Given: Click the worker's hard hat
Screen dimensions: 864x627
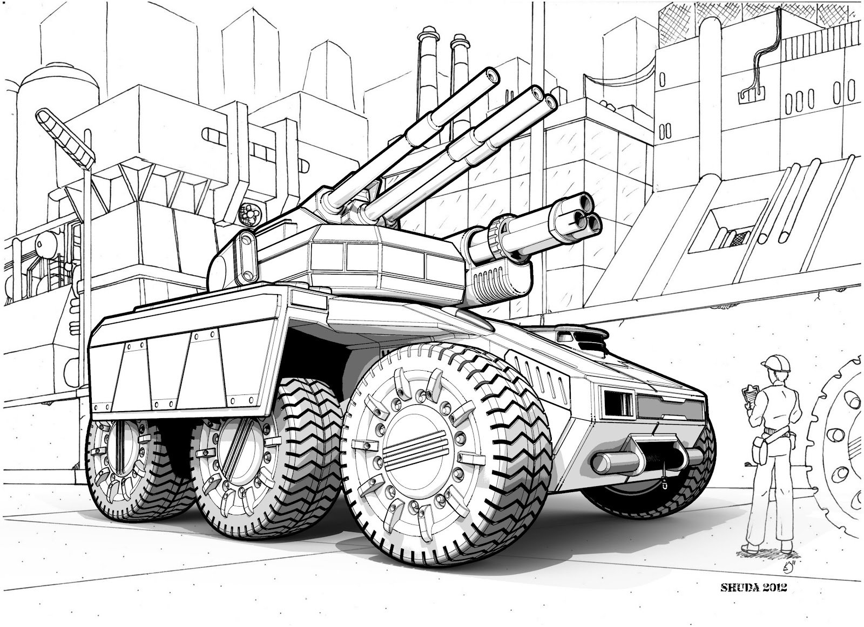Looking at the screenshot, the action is (775, 363).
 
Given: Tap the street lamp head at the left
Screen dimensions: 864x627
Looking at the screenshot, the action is (65, 138).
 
